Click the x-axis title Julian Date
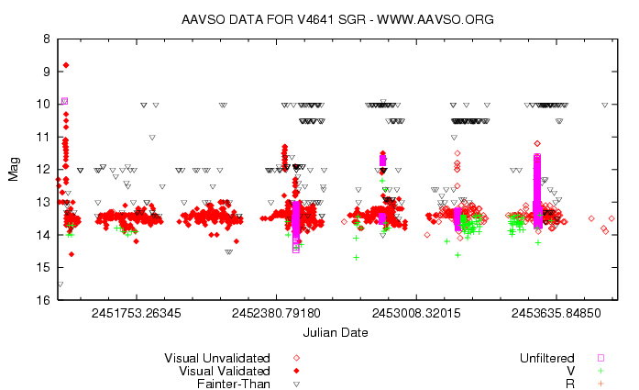pyautogui.click(x=336, y=332)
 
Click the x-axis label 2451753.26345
pyautogui.click(x=136, y=314)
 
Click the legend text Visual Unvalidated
pyautogui.click(x=217, y=358)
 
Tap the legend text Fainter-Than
pyautogui.click(x=234, y=384)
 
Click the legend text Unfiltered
pyautogui.click(x=547, y=358)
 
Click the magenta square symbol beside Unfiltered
pyautogui.click(x=601, y=358)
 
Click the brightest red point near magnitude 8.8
pyautogui.click(x=66, y=65)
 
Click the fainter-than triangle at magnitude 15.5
pyautogui.click(x=60, y=284)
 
